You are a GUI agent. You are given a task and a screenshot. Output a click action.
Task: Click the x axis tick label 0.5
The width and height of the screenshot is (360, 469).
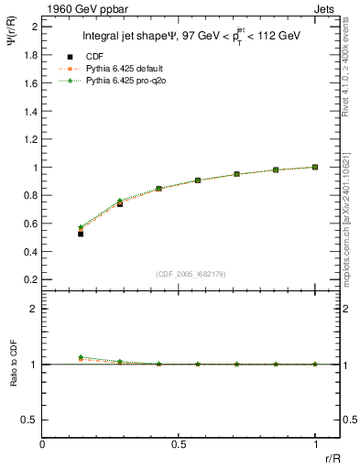tap(179, 445)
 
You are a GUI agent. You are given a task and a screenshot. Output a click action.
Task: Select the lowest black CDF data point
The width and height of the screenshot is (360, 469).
tap(81, 234)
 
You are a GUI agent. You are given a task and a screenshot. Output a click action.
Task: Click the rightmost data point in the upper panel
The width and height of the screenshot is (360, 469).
tap(315, 167)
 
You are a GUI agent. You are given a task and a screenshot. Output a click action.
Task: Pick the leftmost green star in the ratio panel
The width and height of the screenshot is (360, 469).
tap(81, 357)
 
